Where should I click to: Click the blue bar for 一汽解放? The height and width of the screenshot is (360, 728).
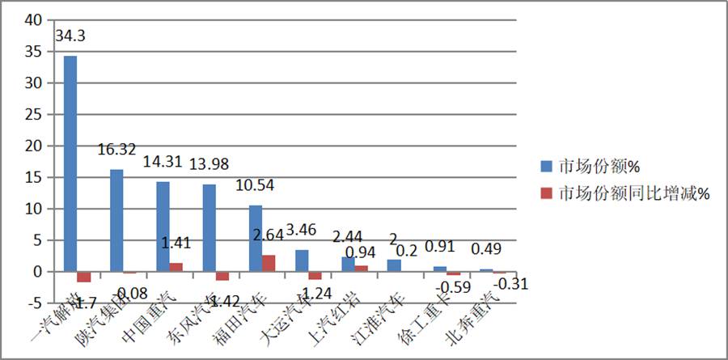tap(70, 163)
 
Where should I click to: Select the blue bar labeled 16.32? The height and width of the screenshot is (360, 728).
tap(116, 220)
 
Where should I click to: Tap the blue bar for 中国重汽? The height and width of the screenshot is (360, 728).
tap(163, 227)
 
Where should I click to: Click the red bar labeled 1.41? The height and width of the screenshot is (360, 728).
tap(176, 267)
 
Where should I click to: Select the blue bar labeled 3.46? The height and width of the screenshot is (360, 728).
tap(301, 260)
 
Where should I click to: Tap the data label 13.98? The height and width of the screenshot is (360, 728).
tap(210, 164)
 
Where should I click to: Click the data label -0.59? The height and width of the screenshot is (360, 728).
tap(450, 286)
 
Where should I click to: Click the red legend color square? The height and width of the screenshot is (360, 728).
tap(548, 193)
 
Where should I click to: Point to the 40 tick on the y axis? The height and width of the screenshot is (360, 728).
tap(32, 20)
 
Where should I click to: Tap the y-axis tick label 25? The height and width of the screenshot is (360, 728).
tap(32, 114)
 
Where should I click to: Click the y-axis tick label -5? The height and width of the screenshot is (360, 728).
tap(33, 303)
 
